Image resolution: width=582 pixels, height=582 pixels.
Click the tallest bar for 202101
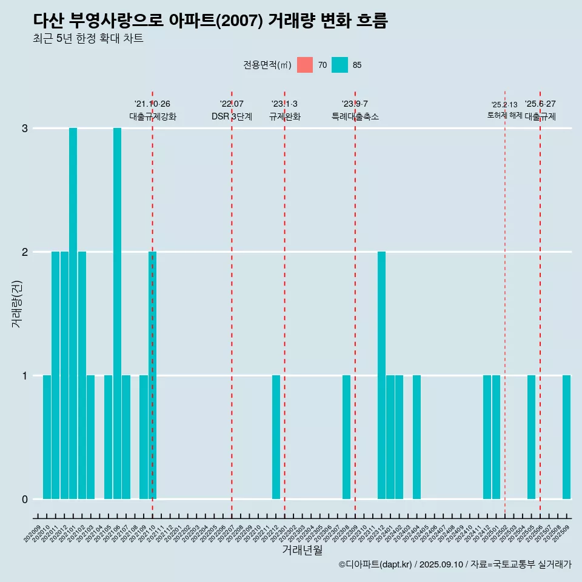tap(73, 313)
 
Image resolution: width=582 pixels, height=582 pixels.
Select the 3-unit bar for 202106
tap(117, 313)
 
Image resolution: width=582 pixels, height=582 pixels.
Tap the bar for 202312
tap(381, 375)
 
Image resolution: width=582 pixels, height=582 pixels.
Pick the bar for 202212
tap(276, 436)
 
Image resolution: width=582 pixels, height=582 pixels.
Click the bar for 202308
tap(346, 436)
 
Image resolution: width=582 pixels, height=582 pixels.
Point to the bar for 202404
tap(416, 436)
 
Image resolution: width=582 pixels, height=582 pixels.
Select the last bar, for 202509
tap(566, 436)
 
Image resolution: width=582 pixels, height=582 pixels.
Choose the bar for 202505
tap(531, 436)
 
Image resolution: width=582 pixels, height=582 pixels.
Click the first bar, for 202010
tap(47, 436)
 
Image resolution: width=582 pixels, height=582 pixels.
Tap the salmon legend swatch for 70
tap(305, 65)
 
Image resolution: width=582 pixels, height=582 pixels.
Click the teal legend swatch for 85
tap(339, 65)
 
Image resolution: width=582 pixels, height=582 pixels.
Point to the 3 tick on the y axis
tap(25, 129)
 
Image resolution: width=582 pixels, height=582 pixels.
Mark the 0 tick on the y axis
tap(25, 500)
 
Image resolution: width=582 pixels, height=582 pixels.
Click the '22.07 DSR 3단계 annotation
tap(232, 110)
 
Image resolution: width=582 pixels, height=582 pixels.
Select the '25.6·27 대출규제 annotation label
tap(540, 110)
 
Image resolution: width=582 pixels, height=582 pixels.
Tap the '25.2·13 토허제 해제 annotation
tap(504, 110)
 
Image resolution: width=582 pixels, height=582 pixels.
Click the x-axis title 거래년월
tap(302, 550)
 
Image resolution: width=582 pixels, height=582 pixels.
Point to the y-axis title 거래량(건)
tap(16, 303)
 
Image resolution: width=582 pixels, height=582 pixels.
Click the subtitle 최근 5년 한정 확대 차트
tap(88, 39)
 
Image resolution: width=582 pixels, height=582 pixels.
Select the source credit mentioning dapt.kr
tap(455, 564)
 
